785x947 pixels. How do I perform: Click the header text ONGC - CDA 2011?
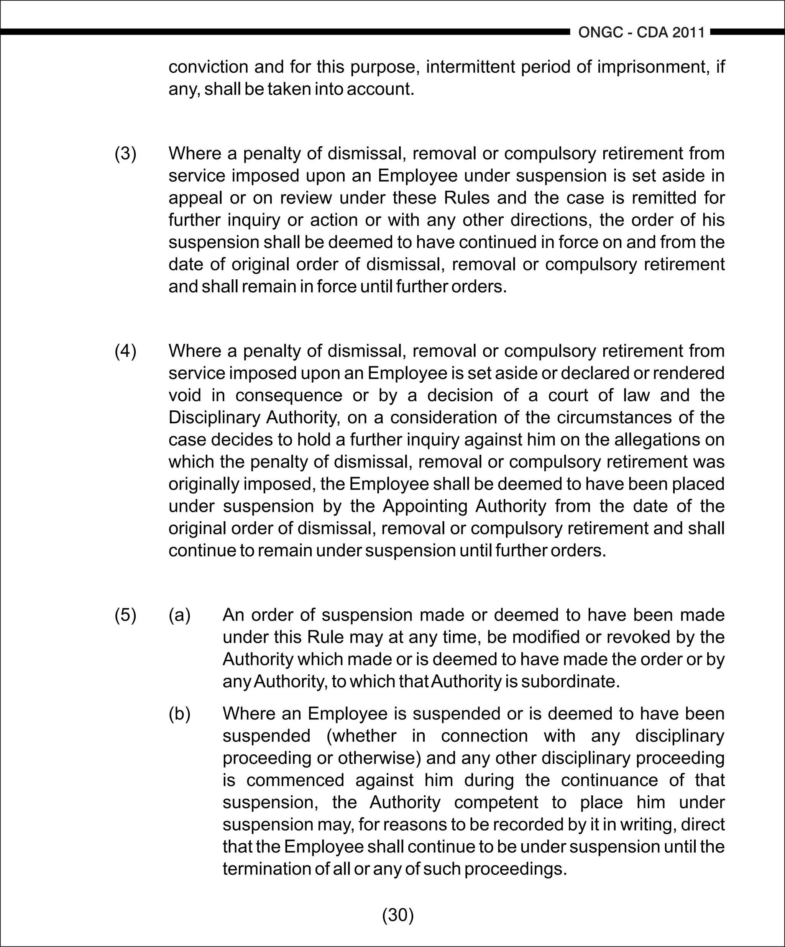(641, 33)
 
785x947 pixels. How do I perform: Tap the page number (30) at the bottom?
(398, 914)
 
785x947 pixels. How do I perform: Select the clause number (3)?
(125, 154)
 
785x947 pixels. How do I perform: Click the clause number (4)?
(125, 351)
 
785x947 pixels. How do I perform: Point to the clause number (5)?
(125, 615)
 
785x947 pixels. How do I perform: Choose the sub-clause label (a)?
(179, 615)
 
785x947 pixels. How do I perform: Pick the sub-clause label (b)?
(179, 714)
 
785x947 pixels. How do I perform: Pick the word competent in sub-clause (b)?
(496, 802)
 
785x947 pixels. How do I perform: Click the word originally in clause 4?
(204, 484)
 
